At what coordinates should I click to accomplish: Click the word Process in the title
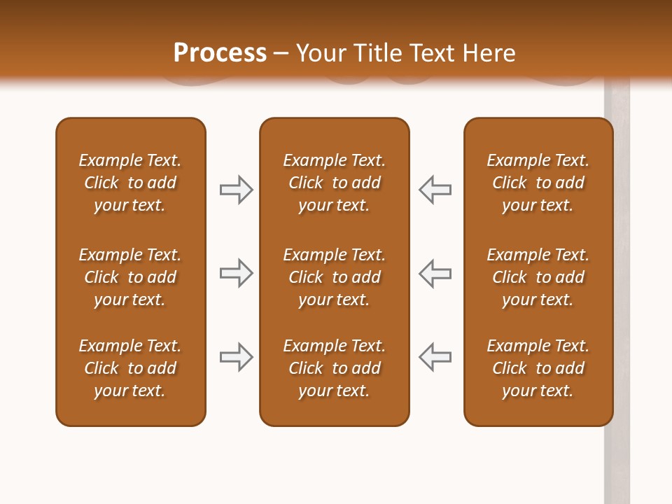220,53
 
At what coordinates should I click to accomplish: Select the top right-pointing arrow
236,190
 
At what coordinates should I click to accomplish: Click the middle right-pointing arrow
236,273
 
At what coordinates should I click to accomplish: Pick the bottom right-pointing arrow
236,357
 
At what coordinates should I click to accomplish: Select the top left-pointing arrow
435,190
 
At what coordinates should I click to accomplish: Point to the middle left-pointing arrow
435,273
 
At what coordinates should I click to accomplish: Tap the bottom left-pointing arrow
435,357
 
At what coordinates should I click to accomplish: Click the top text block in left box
130,183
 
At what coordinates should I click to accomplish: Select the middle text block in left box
130,277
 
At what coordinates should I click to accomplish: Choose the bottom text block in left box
130,368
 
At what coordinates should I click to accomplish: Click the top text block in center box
334,183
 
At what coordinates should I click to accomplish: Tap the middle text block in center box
334,277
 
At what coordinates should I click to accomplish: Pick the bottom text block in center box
334,368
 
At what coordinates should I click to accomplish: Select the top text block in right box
538,183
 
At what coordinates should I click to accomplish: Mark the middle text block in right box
538,277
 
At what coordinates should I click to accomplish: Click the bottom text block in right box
538,368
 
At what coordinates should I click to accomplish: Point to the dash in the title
281,54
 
